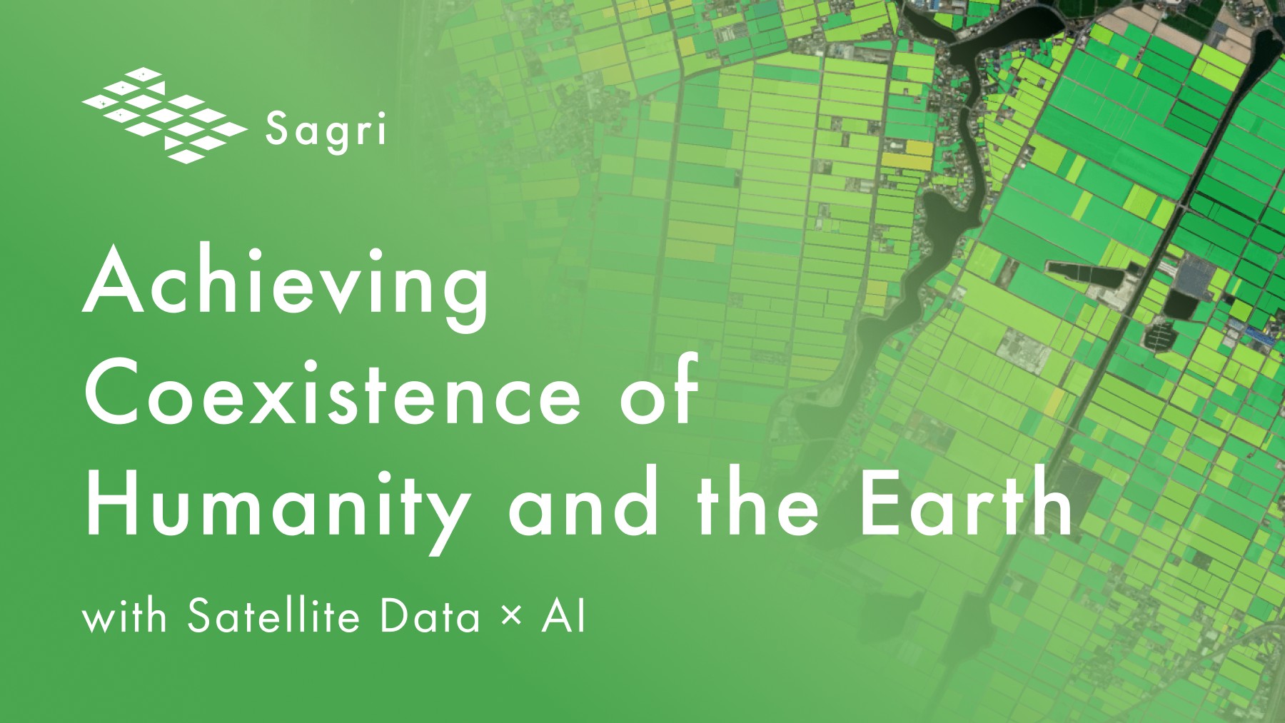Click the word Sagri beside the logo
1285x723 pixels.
tap(326, 132)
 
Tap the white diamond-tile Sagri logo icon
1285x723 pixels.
tap(164, 115)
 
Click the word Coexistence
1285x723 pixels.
tap(333, 391)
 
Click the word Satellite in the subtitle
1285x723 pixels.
tap(273, 615)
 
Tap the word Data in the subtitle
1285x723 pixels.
tap(430, 615)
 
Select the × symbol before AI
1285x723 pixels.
tap(511, 616)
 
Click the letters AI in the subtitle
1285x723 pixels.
tap(564, 615)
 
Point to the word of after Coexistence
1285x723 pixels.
tap(657, 387)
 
